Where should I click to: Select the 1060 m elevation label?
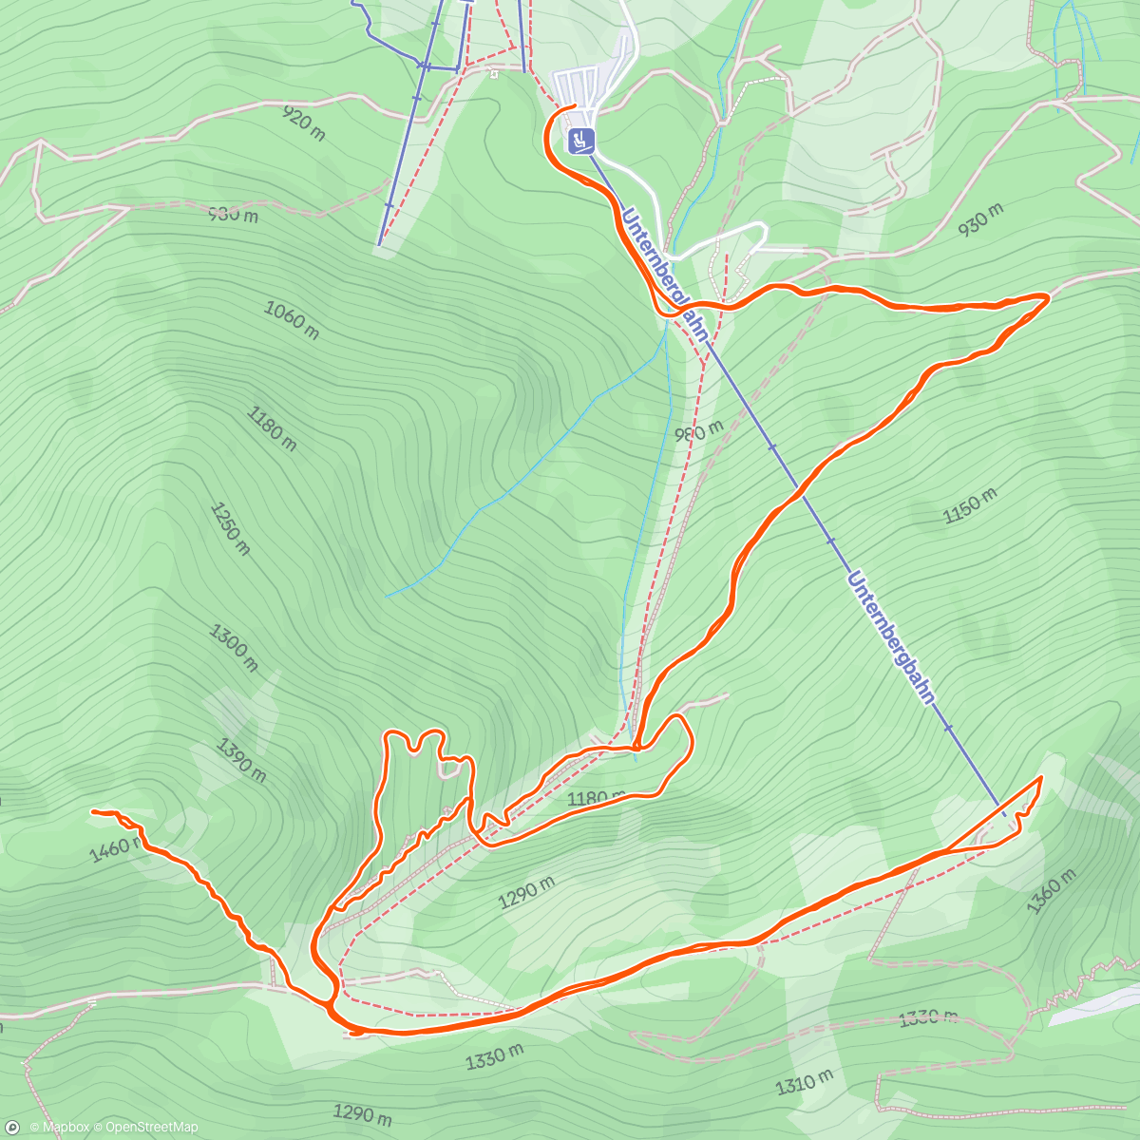point(291,319)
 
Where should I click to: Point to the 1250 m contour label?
point(230,528)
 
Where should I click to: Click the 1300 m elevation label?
point(234,648)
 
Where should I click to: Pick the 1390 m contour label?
point(241,761)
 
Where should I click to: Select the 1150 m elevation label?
point(970,506)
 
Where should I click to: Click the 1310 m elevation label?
point(805,1082)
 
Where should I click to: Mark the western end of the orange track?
point(93,812)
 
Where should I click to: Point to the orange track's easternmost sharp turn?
point(1048,297)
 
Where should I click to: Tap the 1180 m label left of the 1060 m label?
point(271,428)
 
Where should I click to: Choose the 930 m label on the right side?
point(981,220)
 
